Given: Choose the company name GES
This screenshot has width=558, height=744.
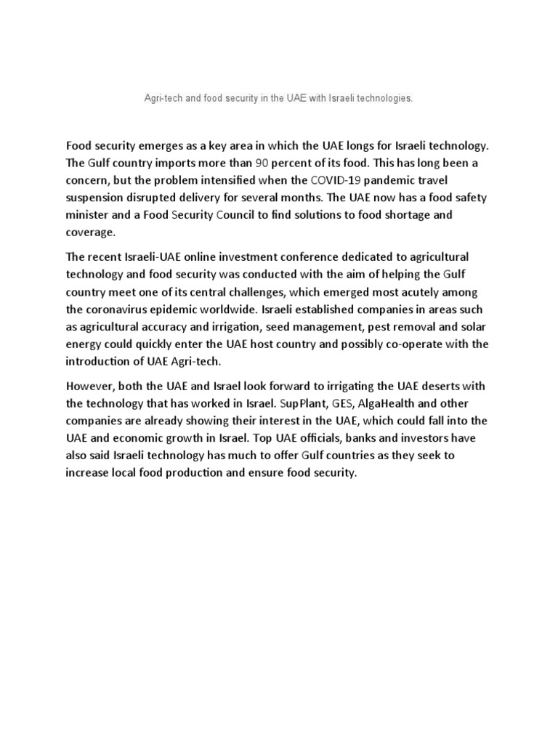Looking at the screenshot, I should click(x=342, y=403).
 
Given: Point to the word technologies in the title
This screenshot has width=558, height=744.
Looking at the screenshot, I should click(x=384, y=97).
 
